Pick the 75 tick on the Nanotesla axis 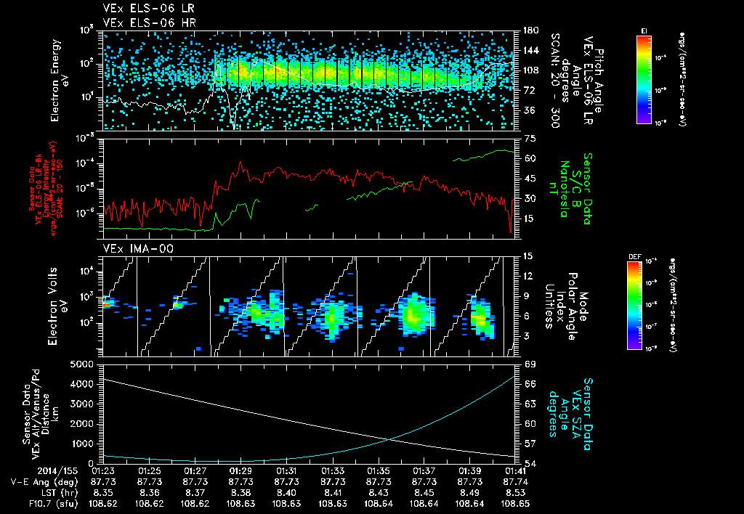529,138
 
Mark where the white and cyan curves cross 389,438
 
